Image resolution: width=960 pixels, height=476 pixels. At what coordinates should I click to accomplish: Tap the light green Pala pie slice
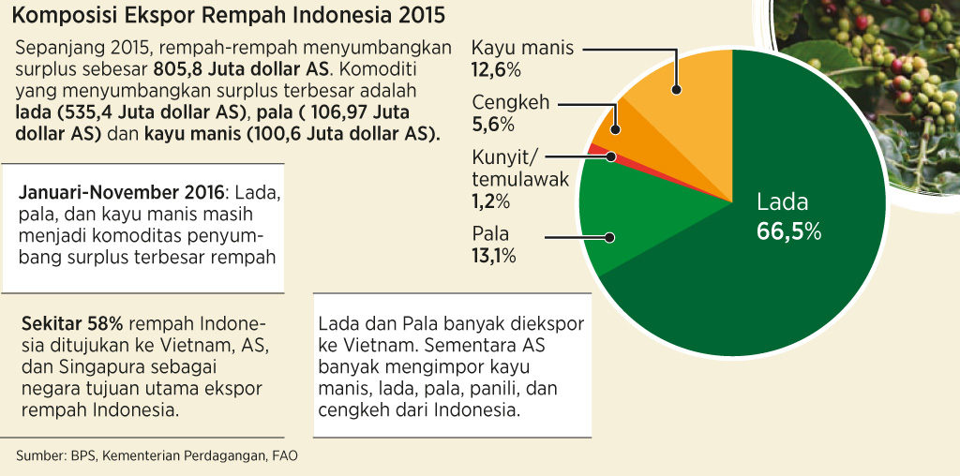637,220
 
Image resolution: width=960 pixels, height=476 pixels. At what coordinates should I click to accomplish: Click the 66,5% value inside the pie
788,231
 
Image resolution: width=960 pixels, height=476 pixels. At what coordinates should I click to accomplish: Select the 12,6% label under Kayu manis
496,70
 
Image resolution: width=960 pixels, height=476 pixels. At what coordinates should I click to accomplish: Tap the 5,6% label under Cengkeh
492,125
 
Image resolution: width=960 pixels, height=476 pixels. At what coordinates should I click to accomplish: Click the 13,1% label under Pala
493,256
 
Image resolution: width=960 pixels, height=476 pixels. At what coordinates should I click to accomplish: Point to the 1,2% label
491,201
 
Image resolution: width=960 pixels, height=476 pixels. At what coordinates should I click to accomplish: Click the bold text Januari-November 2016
121,193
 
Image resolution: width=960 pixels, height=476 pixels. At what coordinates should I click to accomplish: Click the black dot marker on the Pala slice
608,237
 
